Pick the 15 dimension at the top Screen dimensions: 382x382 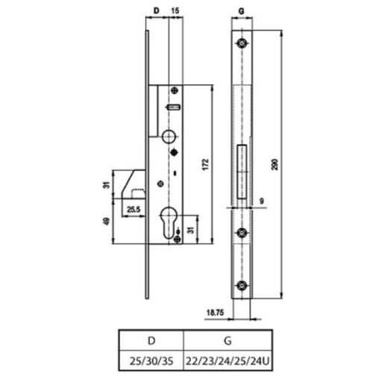pyautogui.click(x=174, y=12)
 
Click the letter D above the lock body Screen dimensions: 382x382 pyautogui.click(x=155, y=12)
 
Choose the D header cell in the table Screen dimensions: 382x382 pyautogui.click(x=151, y=339)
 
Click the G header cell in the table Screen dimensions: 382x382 pyautogui.click(x=225, y=339)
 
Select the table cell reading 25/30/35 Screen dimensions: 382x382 pyautogui.click(x=151, y=361)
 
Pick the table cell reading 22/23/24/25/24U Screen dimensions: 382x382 pyautogui.click(x=225, y=361)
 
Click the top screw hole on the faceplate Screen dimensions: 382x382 pyautogui.click(x=242, y=43)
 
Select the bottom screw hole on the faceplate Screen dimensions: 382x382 pyautogui.click(x=242, y=286)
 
